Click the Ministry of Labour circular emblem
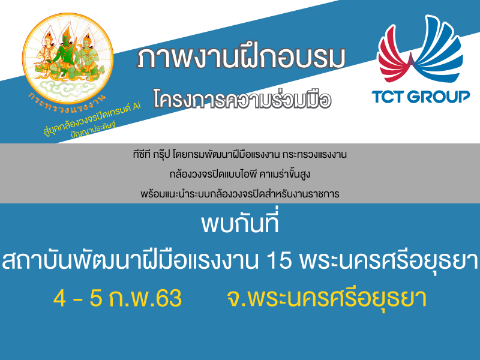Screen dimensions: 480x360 pyautogui.click(x=68, y=58)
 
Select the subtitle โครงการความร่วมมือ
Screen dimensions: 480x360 pyautogui.click(x=242, y=99)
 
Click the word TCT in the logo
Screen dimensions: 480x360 pyautogui.click(x=388, y=97)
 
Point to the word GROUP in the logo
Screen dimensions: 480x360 pyautogui.click(x=439, y=97)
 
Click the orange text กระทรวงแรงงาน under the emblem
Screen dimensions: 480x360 pyautogui.click(x=67, y=104)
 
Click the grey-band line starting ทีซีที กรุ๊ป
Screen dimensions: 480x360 pyautogui.click(x=239, y=154)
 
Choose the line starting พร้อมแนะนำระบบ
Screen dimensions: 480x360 pyautogui.click(x=239, y=194)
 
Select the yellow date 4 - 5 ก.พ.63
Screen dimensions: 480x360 pyautogui.click(x=118, y=298)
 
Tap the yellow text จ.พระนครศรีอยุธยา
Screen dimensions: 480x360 pyautogui.click(x=326, y=298)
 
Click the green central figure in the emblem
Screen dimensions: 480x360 pyautogui.click(x=66, y=52)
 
